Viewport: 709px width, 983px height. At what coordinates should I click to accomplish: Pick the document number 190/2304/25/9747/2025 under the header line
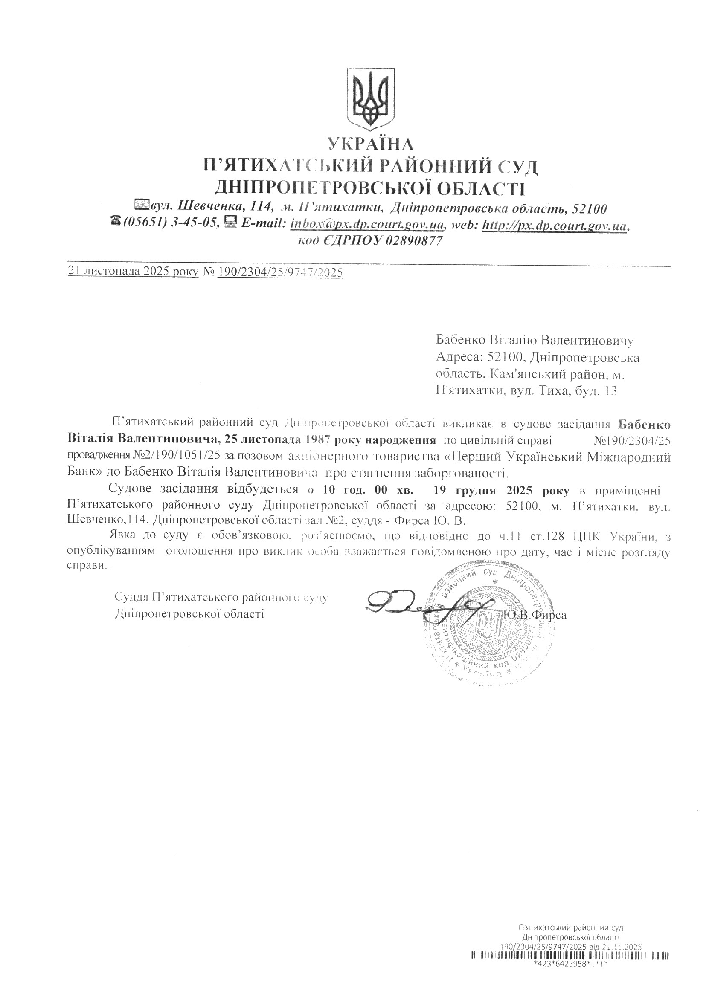click(x=280, y=272)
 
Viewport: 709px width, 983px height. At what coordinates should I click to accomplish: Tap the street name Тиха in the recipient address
click(x=554, y=391)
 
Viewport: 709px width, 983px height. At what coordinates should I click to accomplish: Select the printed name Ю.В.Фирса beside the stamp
click(x=535, y=614)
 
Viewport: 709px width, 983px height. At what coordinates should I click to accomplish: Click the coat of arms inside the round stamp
click(x=489, y=625)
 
